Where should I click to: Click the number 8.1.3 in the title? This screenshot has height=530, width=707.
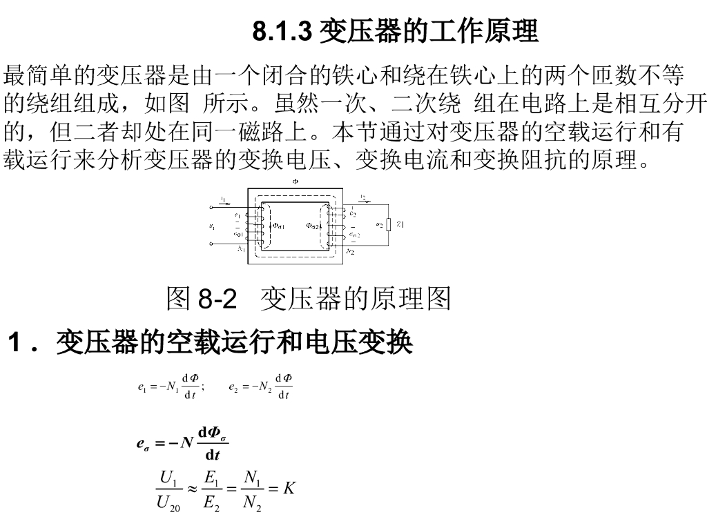pyautogui.click(x=283, y=31)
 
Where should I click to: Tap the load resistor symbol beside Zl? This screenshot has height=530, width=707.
pyautogui.click(x=389, y=224)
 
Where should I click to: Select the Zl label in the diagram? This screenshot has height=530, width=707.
pyautogui.click(x=400, y=224)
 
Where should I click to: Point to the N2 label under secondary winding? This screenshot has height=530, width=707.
pyautogui.click(x=350, y=252)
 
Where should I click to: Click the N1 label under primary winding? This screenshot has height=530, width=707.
pyautogui.click(x=242, y=248)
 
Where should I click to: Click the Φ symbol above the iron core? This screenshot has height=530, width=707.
pyautogui.click(x=296, y=182)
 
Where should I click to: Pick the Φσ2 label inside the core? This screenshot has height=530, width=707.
pyautogui.click(x=314, y=225)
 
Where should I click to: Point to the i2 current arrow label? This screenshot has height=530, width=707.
pyautogui.click(x=363, y=197)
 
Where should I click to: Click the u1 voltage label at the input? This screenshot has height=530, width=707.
pyautogui.click(x=212, y=225)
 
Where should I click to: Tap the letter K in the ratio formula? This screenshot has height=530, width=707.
pyautogui.click(x=289, y=489)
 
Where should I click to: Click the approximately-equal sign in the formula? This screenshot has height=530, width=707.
pyautogui.click(x=193, y=489)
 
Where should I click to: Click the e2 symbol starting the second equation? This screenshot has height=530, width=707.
pyautogui.click(x=233, y=387)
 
